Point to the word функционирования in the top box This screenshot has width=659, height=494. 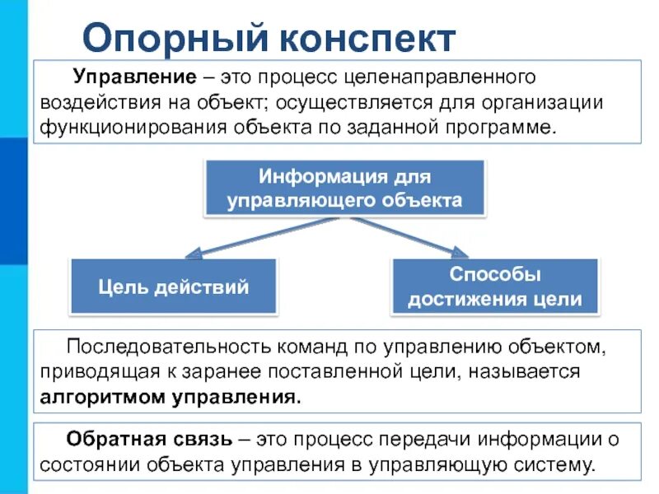coord(120,128)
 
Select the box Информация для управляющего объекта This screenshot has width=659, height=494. coord(344,188)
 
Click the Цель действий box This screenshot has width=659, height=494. coord(173,287)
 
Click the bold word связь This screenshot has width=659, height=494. coord(200,439)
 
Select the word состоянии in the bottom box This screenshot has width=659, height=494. coord(86,464)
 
